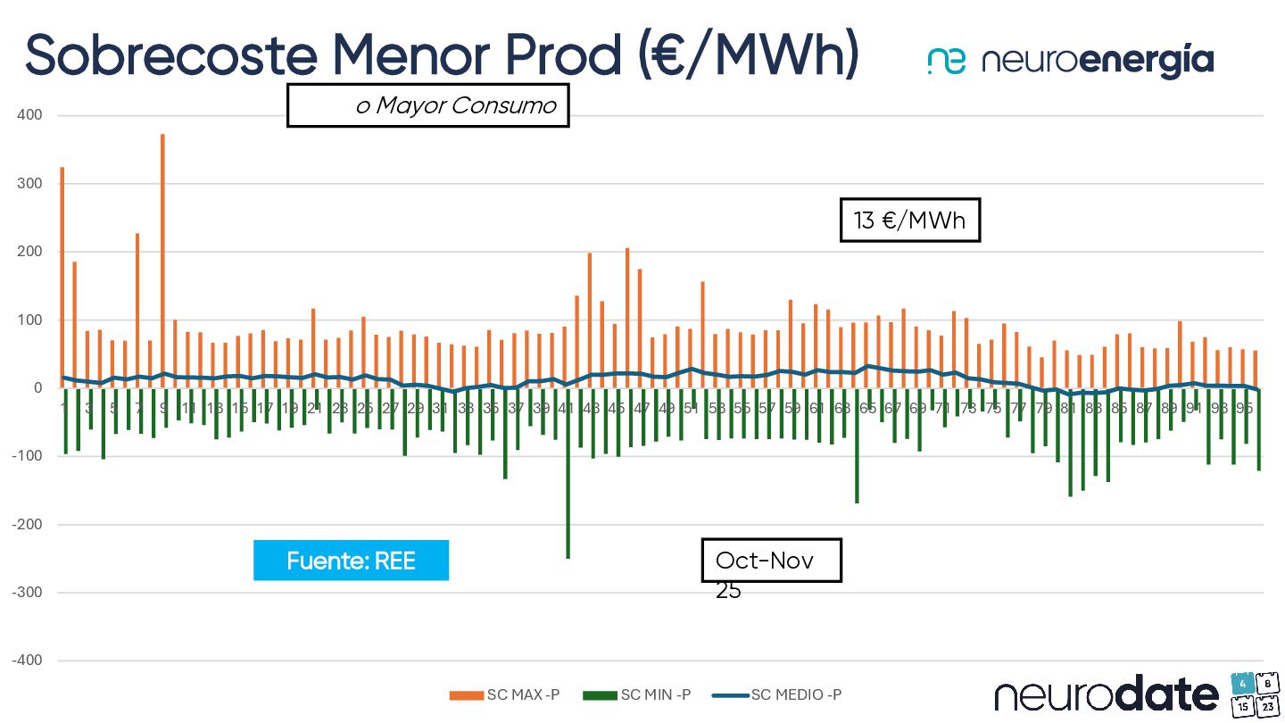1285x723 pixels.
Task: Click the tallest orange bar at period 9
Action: (162, 259)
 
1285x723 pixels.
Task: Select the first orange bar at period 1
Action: (62, 277)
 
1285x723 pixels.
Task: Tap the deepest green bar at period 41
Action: (568, 473)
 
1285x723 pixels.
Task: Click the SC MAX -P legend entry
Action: (505, 695)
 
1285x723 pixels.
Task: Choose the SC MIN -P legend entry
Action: (637, 695)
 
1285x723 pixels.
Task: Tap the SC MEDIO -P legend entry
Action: (782, 695)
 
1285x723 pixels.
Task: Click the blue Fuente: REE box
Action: (351, 561)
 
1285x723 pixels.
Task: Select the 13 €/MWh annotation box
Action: (910, 220)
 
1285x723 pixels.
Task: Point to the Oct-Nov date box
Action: (771, 561)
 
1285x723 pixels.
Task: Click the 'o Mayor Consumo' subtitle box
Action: (427, 105)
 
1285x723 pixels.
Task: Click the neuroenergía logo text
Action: (1097, 61)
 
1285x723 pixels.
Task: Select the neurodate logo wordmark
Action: (1107, 694)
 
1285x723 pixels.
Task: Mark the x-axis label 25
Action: (365, 408)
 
